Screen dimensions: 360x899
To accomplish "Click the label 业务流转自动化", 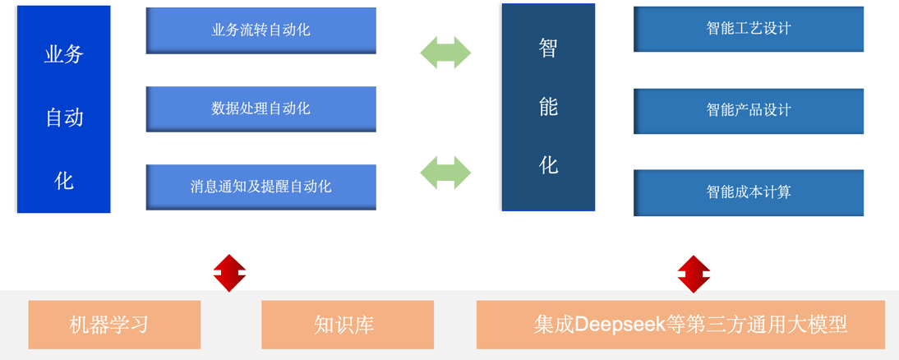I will (260, 31).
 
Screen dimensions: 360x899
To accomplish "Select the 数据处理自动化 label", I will (260, 108).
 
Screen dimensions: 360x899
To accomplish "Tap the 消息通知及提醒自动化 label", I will (260, 187).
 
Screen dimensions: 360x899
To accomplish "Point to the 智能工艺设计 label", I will (748, 28).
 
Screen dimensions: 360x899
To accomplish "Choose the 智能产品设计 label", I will (748, 109).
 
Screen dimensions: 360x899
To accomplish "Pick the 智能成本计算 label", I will (748, 192).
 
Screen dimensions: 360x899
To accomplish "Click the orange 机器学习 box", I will (114, 325).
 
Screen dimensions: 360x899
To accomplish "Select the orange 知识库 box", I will (347, 325).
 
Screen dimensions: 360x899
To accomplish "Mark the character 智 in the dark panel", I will (548, 48).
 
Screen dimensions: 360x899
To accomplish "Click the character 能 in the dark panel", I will (548, 106).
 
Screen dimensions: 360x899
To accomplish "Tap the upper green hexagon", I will (445, 51).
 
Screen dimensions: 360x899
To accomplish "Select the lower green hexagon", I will (445, 171).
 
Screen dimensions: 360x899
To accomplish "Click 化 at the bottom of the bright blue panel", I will (63, 180).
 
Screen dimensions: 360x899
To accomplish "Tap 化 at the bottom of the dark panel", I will (548, 165).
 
